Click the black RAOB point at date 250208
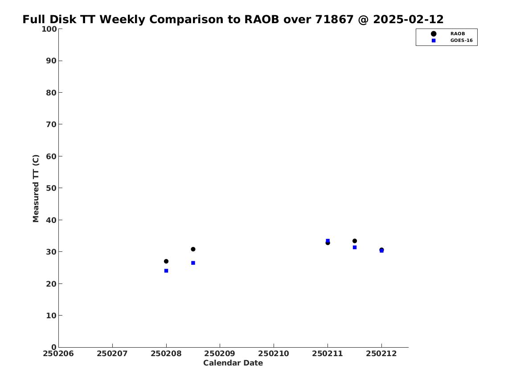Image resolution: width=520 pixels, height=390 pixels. point(166,261)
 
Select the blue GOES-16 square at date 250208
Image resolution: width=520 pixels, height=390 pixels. point(166,271)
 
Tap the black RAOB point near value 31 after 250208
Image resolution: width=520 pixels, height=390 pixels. point(193,249)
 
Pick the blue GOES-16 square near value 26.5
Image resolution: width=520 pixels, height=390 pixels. point(193,263)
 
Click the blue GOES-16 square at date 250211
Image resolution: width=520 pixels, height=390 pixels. point(328,241)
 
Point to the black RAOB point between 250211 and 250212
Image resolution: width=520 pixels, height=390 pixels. point(355,241)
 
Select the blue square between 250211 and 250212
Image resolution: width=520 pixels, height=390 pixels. point(355,247)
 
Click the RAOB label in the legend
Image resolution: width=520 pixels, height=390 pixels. point(457,34)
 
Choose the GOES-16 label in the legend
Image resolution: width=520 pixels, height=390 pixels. point(461,41)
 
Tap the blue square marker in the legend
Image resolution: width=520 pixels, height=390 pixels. point(434,41)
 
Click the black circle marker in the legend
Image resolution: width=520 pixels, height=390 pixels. point(434,34)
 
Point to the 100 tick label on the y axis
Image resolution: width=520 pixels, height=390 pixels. point(49,29)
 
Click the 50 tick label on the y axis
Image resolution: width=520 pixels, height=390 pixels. point(51,188)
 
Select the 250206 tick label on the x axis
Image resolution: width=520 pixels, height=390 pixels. point(58,353)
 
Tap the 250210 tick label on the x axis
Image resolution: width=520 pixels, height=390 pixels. point(274,353)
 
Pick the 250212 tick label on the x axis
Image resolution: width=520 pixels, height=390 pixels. point(381,353)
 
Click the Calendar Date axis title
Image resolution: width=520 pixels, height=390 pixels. point(233,363)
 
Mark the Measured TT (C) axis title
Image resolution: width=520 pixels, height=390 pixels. point(36,189)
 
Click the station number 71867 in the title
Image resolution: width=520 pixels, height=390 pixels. point(334,19)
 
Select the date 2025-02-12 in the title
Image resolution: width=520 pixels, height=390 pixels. point(408,19)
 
